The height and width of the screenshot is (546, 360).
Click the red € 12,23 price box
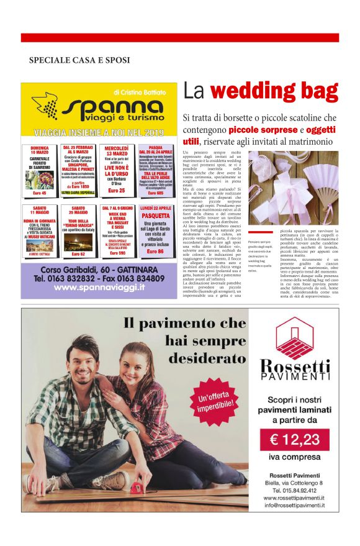[294, 440]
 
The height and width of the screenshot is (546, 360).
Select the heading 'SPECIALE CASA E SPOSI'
[79, 60]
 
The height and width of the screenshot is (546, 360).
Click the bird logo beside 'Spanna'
[45, 106]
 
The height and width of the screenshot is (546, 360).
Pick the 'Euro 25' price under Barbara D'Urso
[117, 190]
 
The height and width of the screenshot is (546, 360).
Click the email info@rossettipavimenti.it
[295, 505]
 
